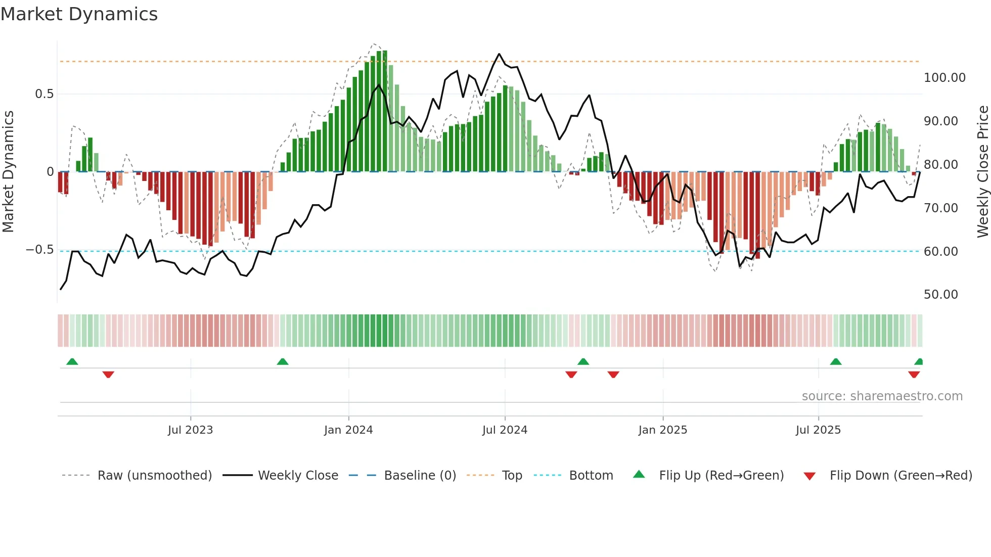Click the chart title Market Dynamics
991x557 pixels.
tap(79, 14)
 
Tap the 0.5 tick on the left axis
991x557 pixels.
tap(44, 94)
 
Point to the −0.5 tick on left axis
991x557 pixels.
tap(39, 250)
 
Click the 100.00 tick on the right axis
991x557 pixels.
tap(944, 78)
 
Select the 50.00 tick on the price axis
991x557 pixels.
tap(940, 295)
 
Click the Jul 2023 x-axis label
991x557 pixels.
tap(190, 430)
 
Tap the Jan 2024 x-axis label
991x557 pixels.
tap(348, 430)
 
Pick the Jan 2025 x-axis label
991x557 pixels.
tap(662, 430)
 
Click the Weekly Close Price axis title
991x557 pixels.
tap(982, 171)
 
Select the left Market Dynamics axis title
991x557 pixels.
tap(8, 171)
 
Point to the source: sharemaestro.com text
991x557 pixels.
tap(882, 396)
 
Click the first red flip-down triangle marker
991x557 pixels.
tap(108, 375)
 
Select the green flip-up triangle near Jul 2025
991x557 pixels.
tap(835, 361)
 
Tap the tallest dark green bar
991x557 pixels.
tap(385, 111)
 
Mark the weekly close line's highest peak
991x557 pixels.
tap(499, 54)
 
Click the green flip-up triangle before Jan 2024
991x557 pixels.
tap(283, 361)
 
